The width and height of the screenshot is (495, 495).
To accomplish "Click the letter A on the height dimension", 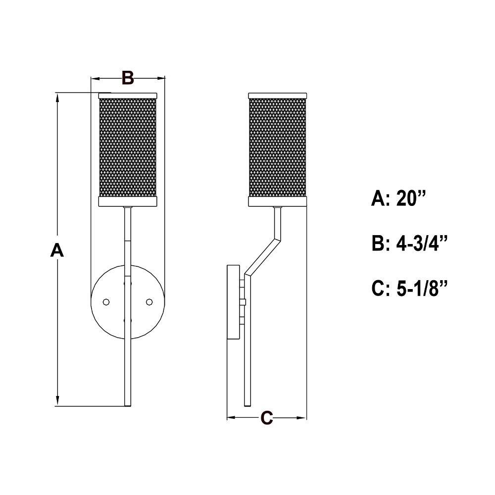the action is tap(57, 250).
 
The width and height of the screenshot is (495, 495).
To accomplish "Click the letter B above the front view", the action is tap(128, 78).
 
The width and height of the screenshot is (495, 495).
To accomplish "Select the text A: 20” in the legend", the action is tap(398, 198).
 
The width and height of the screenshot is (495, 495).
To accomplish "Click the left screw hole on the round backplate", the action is tap(106, 302).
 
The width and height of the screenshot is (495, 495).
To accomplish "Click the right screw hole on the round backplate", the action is tap(149, 302).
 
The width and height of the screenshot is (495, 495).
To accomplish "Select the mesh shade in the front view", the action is tap(128, 148).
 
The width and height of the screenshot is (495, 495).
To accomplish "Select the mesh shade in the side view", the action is tap(278, 148).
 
